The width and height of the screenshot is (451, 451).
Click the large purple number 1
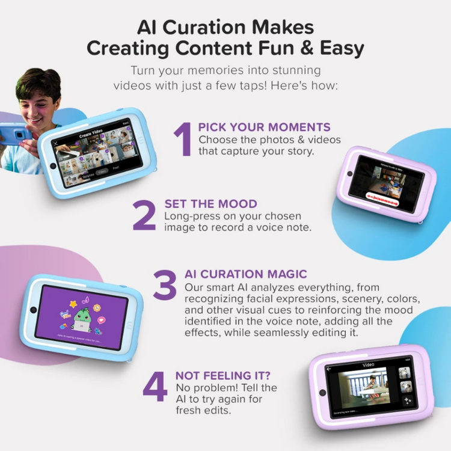[x=182, y=139]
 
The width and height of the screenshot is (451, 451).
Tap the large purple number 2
[x=144, y=215]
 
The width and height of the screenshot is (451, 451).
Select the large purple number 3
[x=164, y=285]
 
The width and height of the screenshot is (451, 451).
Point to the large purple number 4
[x=155, y=387]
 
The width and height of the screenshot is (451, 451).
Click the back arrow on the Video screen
[x=329, y=368]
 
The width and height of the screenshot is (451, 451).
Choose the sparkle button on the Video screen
[x=407, y=400]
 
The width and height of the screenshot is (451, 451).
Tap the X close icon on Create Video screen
[x=56, y=143]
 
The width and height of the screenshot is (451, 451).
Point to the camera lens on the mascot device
[x=33, y=310]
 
